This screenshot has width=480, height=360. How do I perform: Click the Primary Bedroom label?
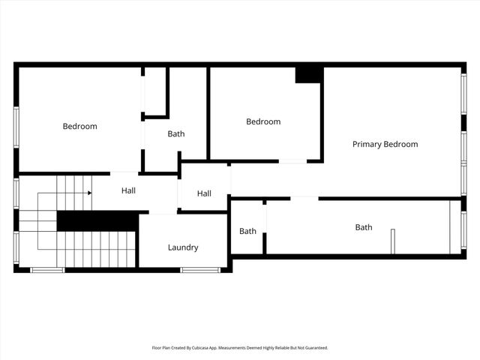coord(385,144)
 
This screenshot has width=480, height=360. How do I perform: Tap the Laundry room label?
coord(183,247)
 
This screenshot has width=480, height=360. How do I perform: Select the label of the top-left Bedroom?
coord(79,126)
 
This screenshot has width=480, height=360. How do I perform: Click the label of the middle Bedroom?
coord(263,121)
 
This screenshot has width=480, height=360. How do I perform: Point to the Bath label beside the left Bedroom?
coord(176,134)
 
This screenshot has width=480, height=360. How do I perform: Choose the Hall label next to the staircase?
coord(128,191)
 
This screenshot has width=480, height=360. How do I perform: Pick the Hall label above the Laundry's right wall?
coord(204,193)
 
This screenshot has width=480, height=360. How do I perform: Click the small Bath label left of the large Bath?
coord(247,231)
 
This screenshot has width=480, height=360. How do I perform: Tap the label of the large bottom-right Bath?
coord(363,227)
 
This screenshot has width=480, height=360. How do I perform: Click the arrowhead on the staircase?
coord(89,193)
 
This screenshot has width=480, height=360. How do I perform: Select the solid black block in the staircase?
coord(97,221)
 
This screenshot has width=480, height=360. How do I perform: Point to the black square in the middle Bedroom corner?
coord(309,74)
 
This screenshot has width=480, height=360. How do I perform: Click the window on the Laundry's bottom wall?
coord(200,269)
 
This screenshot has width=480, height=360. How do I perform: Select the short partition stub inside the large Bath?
coord(392,241)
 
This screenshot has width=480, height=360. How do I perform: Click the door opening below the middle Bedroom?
coord(292,161)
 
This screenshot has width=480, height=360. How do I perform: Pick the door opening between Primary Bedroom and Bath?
coord(304,198)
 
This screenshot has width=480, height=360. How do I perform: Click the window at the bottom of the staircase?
coord(46,269)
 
